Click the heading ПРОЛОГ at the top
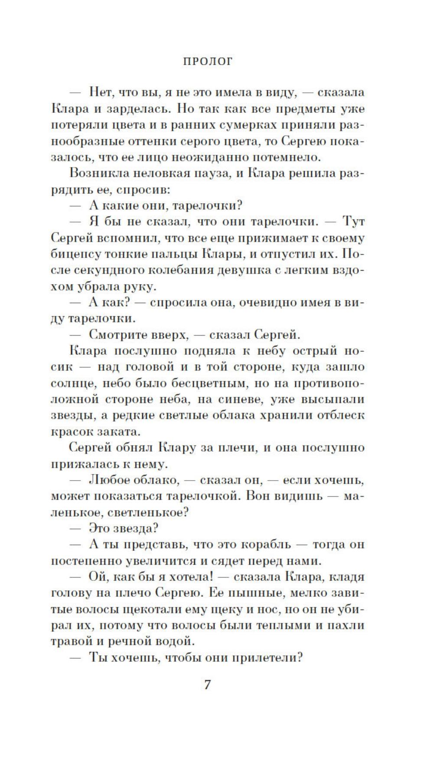tap(208, 62)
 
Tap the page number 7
tap(207, 685)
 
